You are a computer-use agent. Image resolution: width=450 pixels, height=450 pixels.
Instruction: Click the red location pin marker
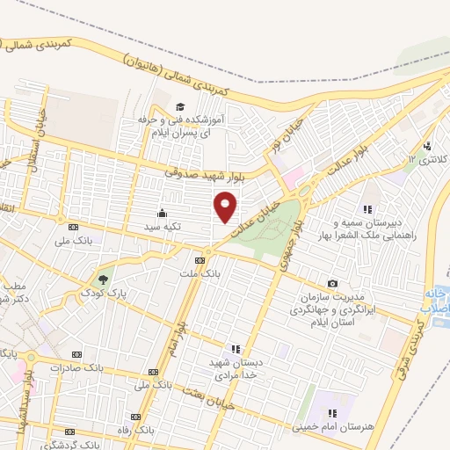(227, 208)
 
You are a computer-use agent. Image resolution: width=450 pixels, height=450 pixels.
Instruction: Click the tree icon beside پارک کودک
(104, 279)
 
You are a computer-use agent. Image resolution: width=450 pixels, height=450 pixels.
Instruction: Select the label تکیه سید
(163, 226)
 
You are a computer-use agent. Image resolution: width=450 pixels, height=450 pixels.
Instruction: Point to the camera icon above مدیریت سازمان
(332, 283)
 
